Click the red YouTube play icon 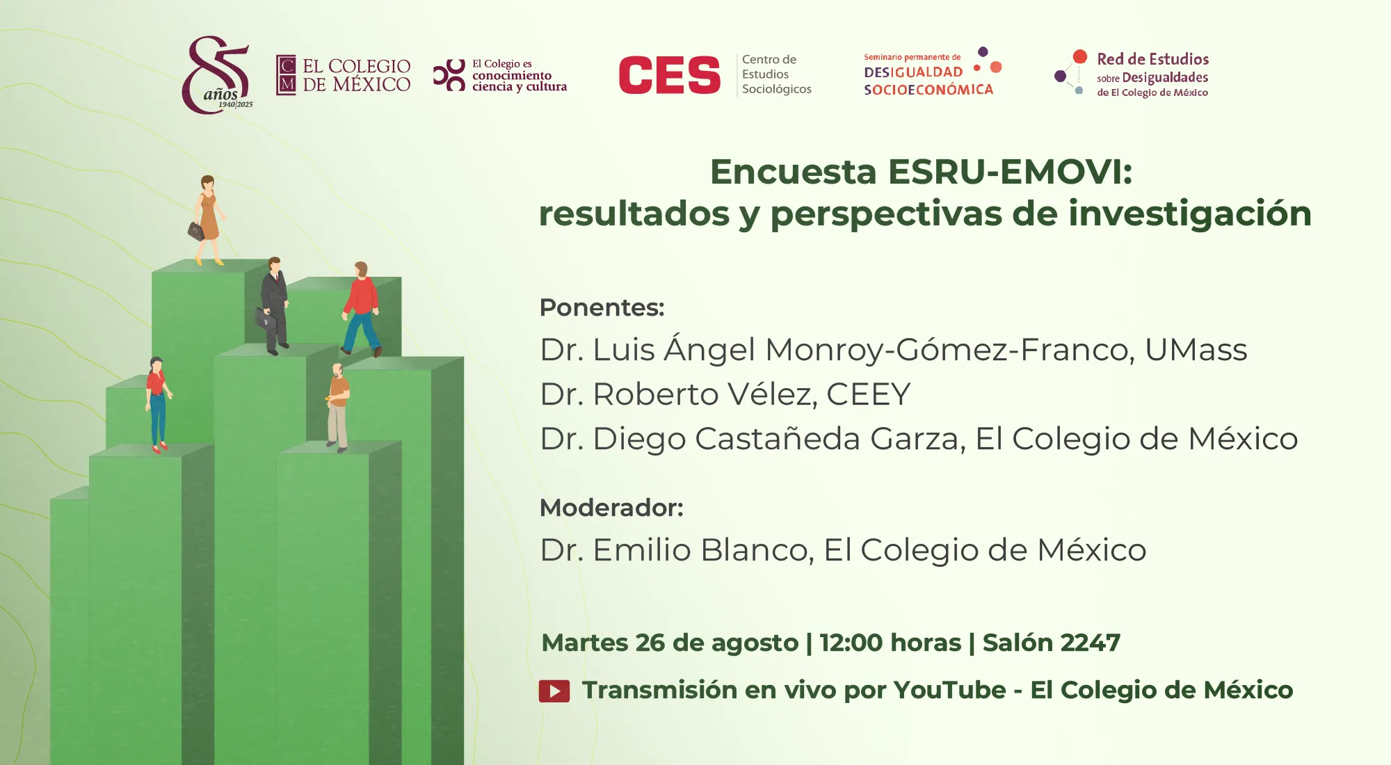(554, 691)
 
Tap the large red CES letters (670, 75)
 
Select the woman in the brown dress (207, 220)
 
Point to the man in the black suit (273, 306)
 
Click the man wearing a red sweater (362, 308)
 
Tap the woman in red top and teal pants (158, 404)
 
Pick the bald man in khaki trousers (338, 408)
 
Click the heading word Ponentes (602, 307)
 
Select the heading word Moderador (612, 508)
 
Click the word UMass (1196, 350)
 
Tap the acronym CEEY (869, 394)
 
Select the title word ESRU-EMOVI (1011, 172)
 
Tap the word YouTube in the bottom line (949, 690)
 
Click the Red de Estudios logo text (1152, 74)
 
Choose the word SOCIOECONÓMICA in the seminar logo (928, 90)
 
